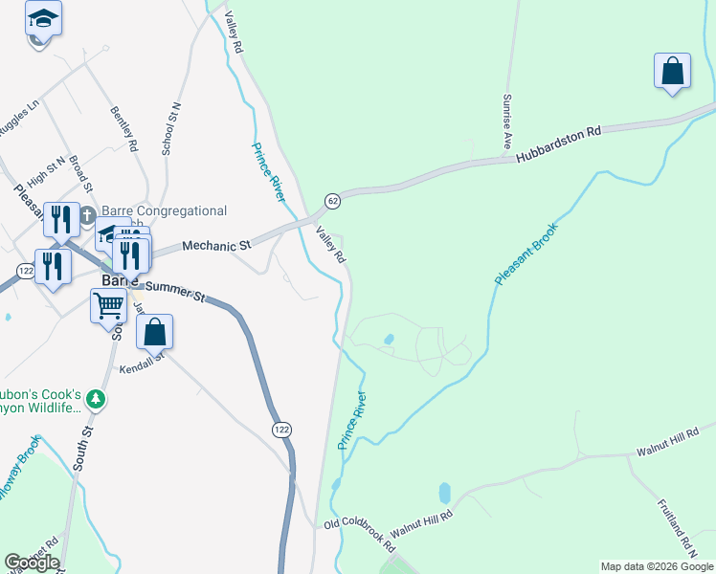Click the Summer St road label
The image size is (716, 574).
[x=172, y=290]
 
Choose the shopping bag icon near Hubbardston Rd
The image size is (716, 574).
[x=673, y=71]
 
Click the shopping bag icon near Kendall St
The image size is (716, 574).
[x=154, y=332]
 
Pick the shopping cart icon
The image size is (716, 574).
[x=109, y=307]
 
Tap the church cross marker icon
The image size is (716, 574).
[x=87, y=213]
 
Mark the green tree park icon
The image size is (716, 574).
[x=94, y=398]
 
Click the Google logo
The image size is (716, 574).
[x=32, y=563]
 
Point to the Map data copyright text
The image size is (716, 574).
[x=656, y=566]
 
